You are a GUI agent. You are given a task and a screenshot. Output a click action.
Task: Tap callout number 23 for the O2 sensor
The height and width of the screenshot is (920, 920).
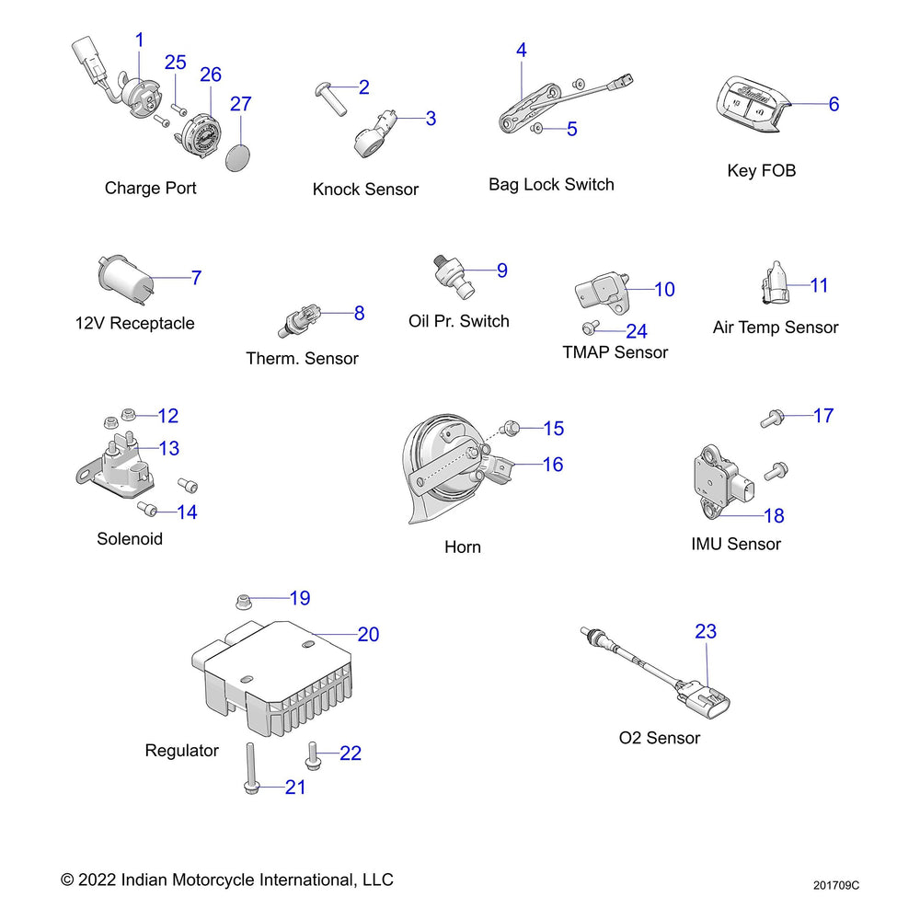(706, 632)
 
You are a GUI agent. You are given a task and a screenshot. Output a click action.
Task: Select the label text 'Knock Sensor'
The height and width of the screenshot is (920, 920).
(365, 190)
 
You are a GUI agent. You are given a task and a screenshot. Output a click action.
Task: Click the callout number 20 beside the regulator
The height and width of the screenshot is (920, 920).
(368, 635)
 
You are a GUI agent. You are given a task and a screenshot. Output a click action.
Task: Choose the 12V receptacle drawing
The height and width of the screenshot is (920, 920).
(123, 280)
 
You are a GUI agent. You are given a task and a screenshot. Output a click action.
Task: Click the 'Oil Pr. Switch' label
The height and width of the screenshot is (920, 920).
(458, 321)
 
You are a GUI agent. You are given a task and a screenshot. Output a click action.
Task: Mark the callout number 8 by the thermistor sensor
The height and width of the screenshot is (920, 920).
(359, 314)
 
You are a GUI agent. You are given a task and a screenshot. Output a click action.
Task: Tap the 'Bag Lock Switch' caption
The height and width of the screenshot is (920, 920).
(551, 185)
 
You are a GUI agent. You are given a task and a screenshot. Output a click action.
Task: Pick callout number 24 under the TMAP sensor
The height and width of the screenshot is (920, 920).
(637, 332)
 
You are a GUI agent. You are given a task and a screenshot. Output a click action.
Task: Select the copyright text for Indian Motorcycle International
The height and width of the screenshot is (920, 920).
(226, 880)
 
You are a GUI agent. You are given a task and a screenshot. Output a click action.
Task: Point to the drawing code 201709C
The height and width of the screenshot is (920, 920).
(836, 886)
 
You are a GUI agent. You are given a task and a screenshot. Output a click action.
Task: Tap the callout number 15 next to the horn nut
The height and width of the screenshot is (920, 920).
(553, 429)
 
